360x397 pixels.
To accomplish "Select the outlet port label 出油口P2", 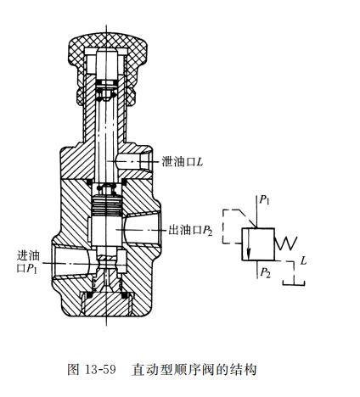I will coord(186,230).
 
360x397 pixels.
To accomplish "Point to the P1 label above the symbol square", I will coord(266,201).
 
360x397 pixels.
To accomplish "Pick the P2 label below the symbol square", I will coord(266,272).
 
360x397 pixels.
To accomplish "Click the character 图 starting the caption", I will coord(72,371).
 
